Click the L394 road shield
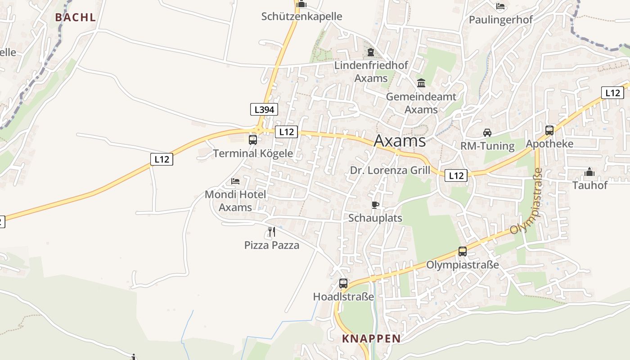pyautogui.click(x=264, y=109)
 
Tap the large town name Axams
pyautogui.click(x=400, y=141)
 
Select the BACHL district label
pyautogui.click(x=76, y=18)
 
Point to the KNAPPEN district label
pyautogui.click(x=371, y=338)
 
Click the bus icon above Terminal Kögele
pyautogui.click(x=253, y=139)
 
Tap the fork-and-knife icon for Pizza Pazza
pyautogui.click(x=271, y=232)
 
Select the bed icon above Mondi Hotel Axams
pyautogui.click(x=235, y=181)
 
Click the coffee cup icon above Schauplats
pyautogui.click(x=375, y=205)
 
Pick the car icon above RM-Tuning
pyautogui.click(x=487, y=133)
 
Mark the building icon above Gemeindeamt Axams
pyautogui.click(x=421, y=83)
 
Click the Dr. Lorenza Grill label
pyautogui.click(x=390, y=171)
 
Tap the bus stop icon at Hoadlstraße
pyautogui.click(x=343, y=283)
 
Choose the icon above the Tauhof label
pyautogui.click(x=589, y=172)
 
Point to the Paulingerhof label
pyautogui.click(x=501, y=20)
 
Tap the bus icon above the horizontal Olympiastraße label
pyautogui.click(x=463, y=252)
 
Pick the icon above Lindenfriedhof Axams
pyautogui.click(x=371, y=52)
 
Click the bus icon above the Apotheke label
pyautogui.click(x=549, y=130)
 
